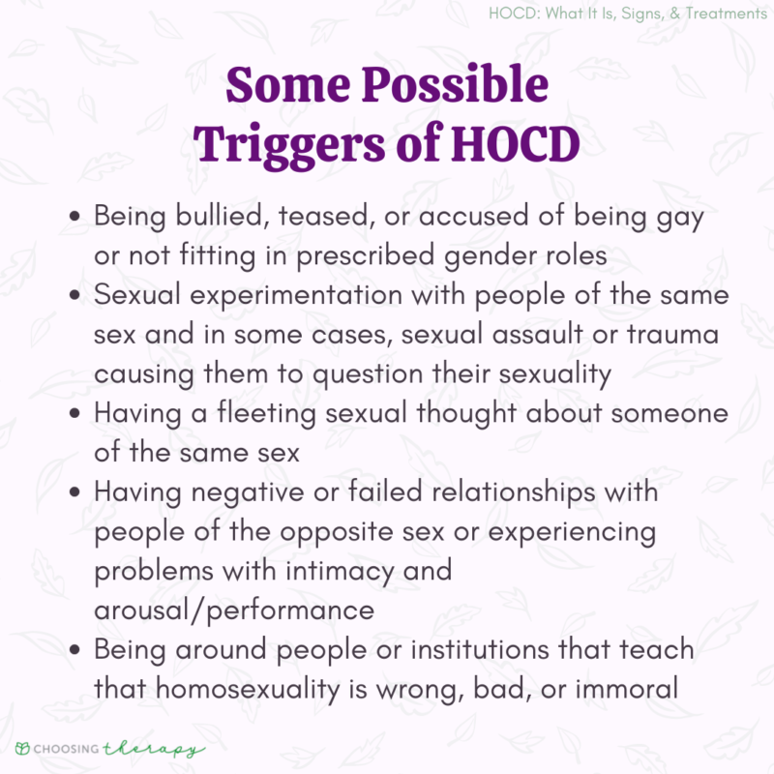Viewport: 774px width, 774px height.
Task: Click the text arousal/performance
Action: click(x=233, y=610)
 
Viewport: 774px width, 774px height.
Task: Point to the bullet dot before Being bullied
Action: click(x=75, y=217)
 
